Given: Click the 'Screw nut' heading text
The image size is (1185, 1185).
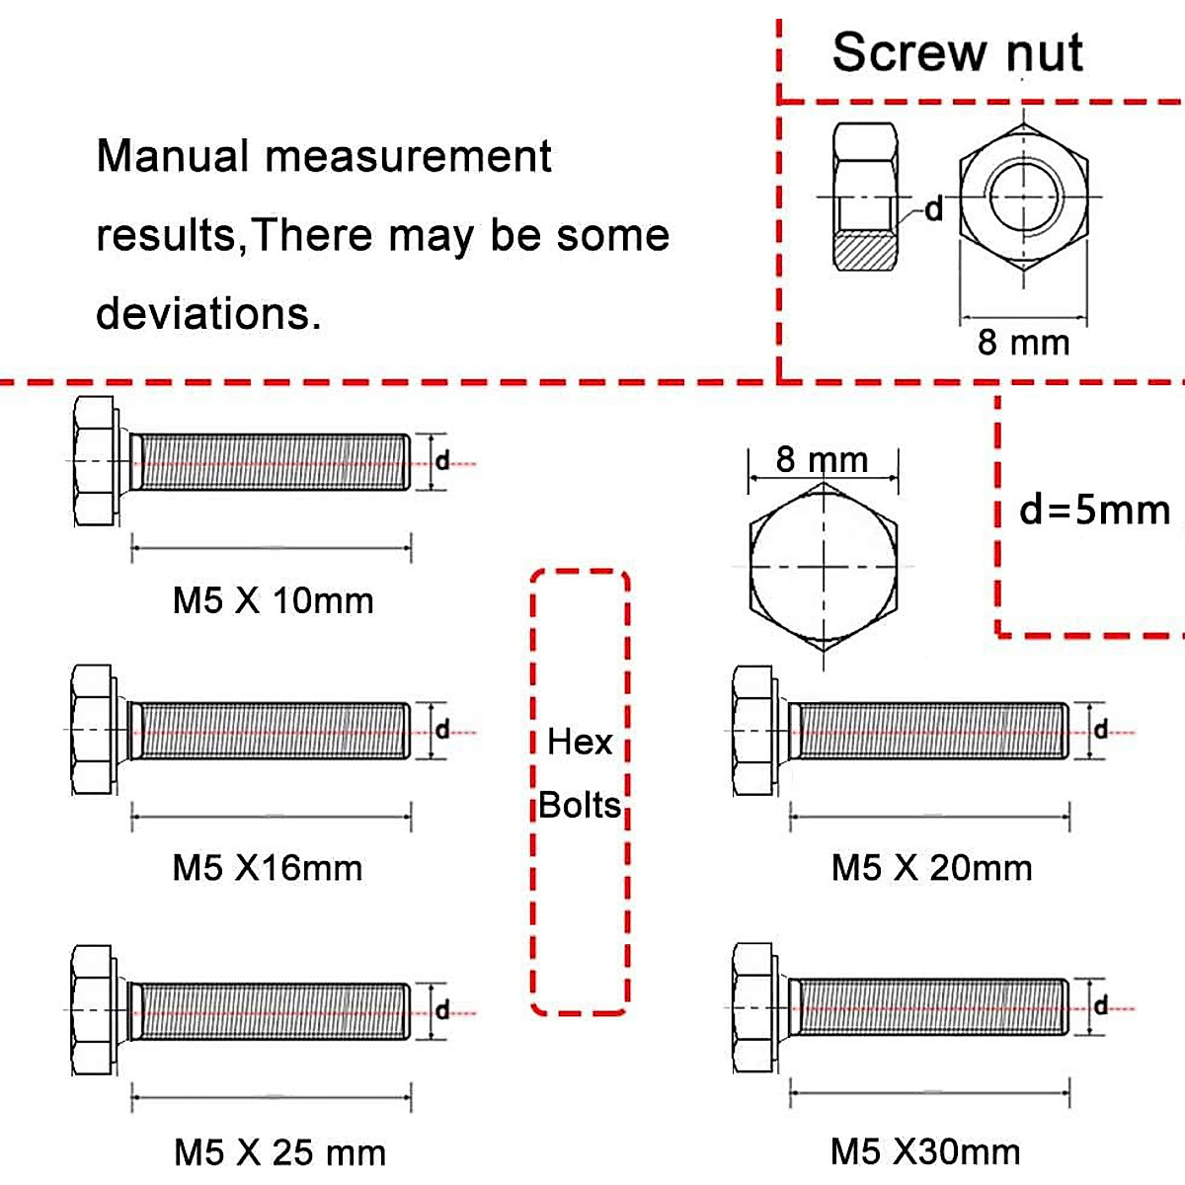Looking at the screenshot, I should coord(957,52).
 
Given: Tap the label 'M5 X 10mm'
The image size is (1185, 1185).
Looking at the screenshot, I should coord(274,600).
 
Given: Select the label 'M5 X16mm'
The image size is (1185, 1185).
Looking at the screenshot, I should coord(268,868).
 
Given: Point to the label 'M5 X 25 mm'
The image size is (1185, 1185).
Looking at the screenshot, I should coord(279,1151).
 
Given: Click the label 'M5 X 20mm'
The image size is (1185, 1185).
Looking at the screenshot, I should coord(931,868).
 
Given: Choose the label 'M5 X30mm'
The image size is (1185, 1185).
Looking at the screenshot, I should coord(925,1151).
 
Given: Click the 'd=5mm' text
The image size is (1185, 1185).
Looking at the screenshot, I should coord(1094,511).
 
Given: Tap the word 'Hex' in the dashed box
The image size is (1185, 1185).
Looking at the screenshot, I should coord(580,742).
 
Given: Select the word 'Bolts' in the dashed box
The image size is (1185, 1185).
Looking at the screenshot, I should coord(581,805).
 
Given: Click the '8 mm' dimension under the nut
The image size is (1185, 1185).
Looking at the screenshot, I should coord(1023,343).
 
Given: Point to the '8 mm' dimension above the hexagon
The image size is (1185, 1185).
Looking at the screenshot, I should coord(822,459).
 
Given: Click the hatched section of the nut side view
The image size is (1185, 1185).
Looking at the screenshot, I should coord(865,251).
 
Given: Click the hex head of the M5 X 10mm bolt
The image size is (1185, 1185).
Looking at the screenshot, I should coord(93,461).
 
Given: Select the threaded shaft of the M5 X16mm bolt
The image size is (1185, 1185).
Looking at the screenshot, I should coord(271,731).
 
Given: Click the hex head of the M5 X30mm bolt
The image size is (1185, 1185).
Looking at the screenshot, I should coord(752,1007).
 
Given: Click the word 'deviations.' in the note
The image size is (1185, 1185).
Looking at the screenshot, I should coord(208,313).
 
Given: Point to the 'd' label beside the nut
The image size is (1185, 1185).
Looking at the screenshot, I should coord(933,209).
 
